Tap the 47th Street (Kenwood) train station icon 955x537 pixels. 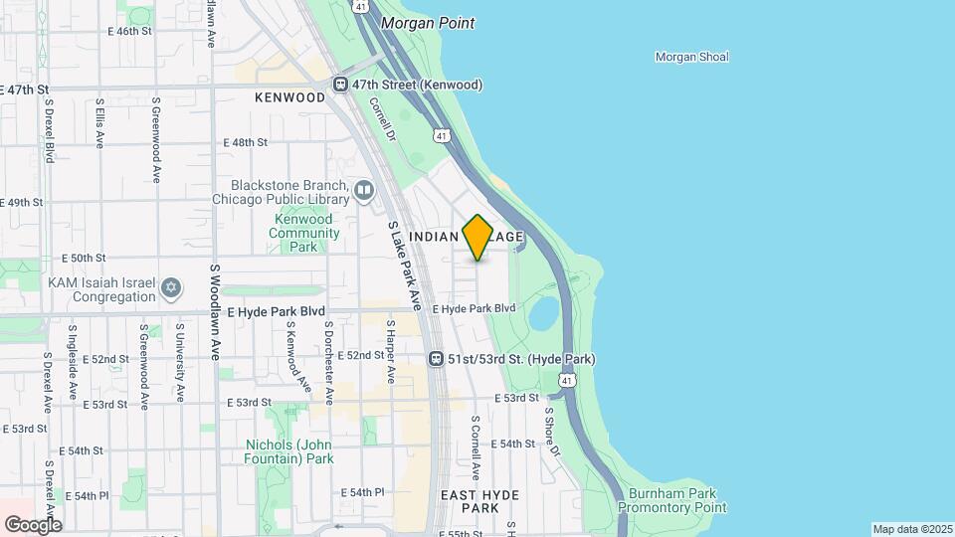[340, 86]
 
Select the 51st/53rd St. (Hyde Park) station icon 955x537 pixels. [436, 358]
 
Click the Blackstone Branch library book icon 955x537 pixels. [364, 189]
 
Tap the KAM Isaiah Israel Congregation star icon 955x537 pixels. [171, 288]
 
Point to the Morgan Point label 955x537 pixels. [429, 23]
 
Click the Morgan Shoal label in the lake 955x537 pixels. [691, 57]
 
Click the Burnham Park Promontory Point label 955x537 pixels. [663, 500]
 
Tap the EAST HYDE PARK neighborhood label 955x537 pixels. [473, 500]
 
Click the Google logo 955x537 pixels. [33, 524]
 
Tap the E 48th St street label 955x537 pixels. [245, 142]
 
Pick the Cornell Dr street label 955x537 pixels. [383, 118]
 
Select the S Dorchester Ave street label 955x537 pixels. [327, 363]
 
